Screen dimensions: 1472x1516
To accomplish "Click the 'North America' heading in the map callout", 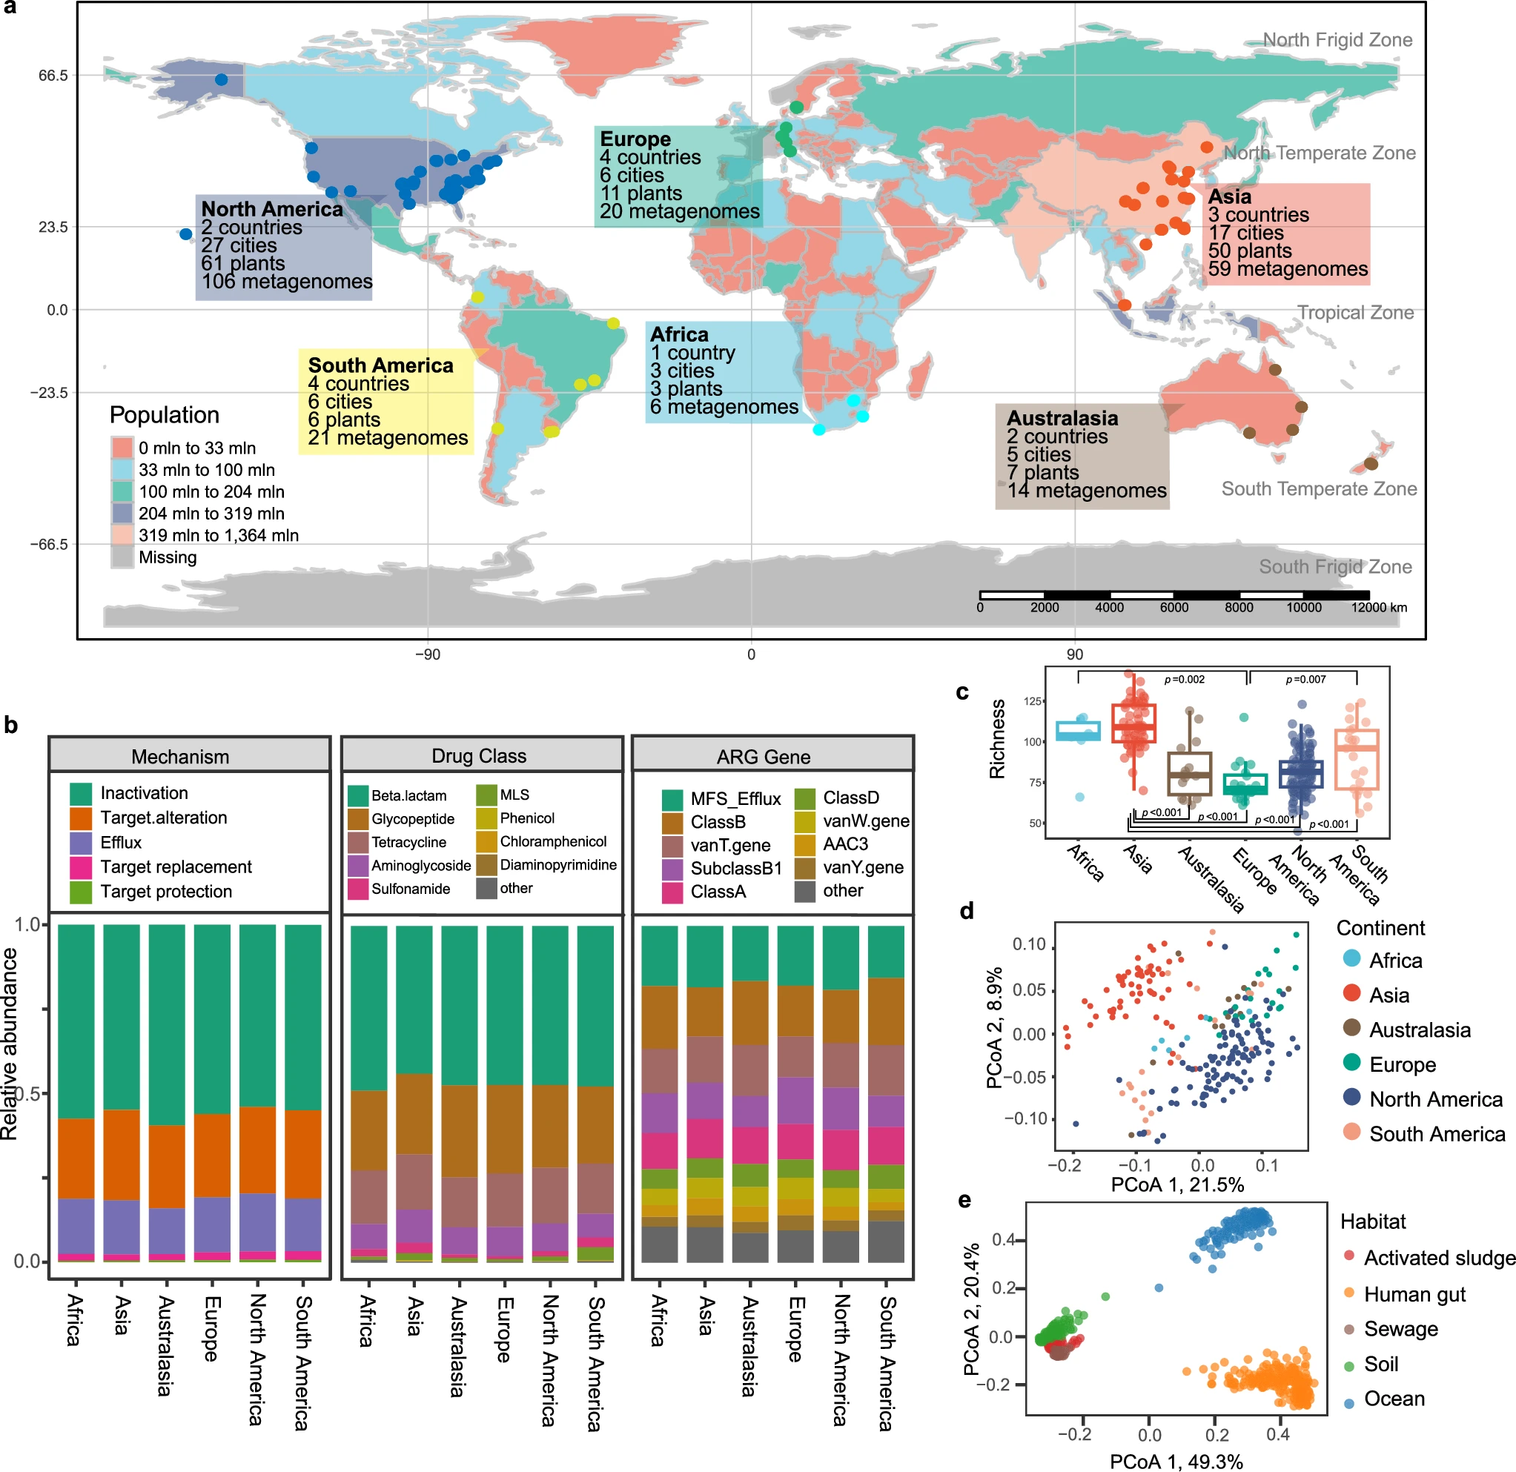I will (x=271, y=209).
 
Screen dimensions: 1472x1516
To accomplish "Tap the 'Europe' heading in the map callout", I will (x=635, y=139).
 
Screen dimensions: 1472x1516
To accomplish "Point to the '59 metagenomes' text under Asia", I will (x=1287, y=268).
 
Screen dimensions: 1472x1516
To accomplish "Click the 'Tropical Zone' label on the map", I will (x=1355, y=313).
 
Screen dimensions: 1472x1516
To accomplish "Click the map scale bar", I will (x=1174, y=595).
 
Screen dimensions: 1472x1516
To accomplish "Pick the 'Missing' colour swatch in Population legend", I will (x=122, y=557).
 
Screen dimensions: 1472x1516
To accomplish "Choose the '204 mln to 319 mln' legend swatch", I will (x=122, y=513).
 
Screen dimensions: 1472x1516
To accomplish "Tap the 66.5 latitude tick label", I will (x=53, y=76).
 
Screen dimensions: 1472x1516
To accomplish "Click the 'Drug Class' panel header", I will (x=479, y=756).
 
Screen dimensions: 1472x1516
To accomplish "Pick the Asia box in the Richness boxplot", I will (x=1133, y=724).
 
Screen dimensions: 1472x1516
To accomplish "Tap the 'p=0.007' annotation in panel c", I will (x=1305, y=679).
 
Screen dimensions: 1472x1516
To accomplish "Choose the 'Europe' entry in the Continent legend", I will (x=1402, y=1064).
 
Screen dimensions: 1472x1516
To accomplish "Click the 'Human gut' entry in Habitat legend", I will (x=1414, y=1294).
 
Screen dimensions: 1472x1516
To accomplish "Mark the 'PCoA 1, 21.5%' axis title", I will (x=1176, y=1185).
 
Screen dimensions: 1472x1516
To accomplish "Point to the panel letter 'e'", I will (x=964, y=1200).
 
